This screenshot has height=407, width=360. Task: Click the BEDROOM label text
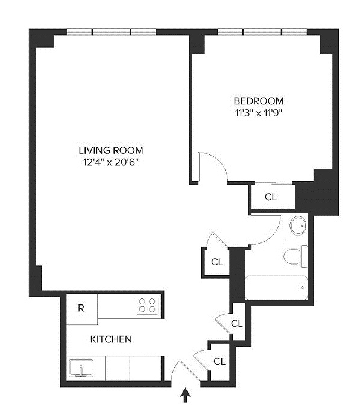point(259,101)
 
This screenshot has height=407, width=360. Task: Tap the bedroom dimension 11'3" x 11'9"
point(259,113)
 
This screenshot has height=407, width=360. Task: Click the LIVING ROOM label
point(111,150)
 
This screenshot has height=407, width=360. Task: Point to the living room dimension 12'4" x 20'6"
point(111,162)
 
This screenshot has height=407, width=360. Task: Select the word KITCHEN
point(111,339)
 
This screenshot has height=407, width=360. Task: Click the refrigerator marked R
point(81,308)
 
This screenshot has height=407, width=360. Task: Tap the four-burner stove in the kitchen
point(147,305)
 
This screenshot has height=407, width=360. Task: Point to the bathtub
point(276,288)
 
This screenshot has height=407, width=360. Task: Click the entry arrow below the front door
point(186,395)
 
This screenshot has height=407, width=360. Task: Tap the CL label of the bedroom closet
point(271,197)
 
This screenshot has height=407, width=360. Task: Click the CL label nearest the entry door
point(219,361)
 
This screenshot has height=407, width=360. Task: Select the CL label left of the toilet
point(217,262)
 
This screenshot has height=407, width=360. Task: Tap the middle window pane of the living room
point(112,32)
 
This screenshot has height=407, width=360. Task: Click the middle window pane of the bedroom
point(262,32)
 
